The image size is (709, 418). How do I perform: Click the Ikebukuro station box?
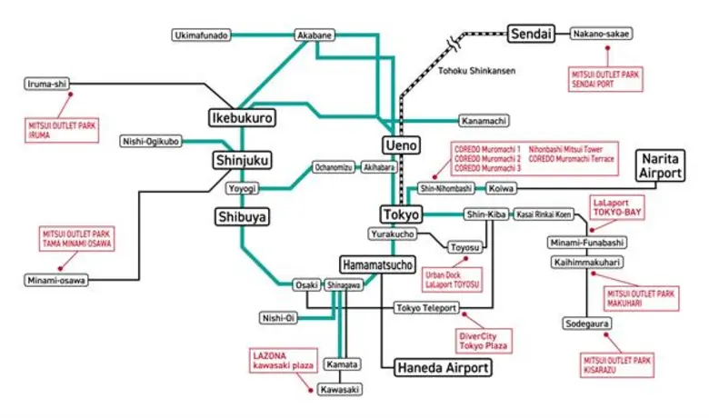point(242,117)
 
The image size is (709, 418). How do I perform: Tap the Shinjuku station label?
point(242,160)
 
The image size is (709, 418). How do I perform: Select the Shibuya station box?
point(241,216)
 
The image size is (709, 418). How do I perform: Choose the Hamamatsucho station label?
point(378,264)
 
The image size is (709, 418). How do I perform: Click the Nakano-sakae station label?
point(602,35)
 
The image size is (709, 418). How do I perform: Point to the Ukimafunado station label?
point(201,35)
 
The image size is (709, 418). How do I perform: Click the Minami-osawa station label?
point(56,280)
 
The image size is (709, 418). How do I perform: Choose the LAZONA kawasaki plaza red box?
point(283,360)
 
